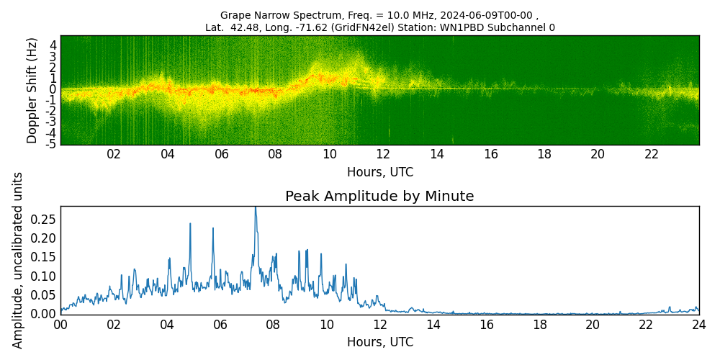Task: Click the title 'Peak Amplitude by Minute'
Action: [x=379, y=197]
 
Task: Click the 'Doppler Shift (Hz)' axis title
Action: [x=32, y=90]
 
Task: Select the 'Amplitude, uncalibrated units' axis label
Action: [x=18, y=260]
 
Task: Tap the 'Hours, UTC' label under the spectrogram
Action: [x=379, y=173]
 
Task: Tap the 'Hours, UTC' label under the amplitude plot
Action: [x=379, y=343]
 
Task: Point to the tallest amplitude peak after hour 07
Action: [x=255, y=208]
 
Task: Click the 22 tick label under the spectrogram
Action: [x=652, y=154]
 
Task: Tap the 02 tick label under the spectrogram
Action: [x=114, y=154]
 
